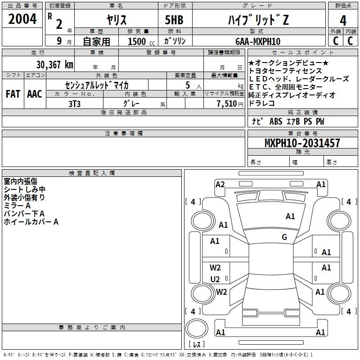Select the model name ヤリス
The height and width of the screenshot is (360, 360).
click(116, 19)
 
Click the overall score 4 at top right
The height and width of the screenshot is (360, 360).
click(343, 21)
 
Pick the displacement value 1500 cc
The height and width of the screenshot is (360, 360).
click(139, 41)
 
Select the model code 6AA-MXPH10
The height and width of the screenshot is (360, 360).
click(257, 41)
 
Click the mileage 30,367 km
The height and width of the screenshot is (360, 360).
click(54, 64)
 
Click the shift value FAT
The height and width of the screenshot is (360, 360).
click(13, 94)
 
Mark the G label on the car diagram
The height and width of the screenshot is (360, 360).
click(284, 237)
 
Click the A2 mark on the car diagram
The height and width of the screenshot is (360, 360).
click(220, 184)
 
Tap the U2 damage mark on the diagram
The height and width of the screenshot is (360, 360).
click(215, 279)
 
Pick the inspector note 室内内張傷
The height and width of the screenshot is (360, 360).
click(21, 181)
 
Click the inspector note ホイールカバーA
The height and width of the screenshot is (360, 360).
click(31, 221)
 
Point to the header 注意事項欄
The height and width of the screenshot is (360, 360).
click(124, 134)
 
